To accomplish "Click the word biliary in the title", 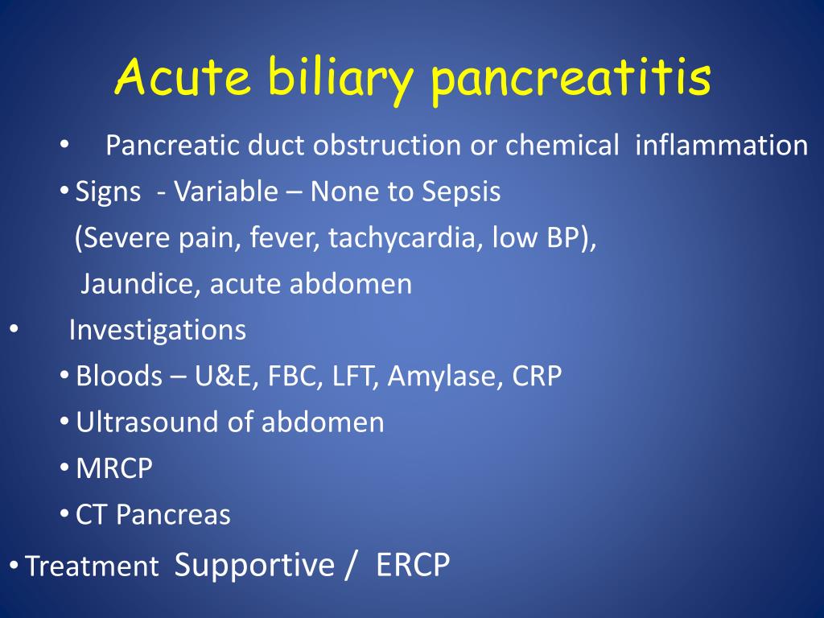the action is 340,78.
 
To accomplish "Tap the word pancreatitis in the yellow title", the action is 571,79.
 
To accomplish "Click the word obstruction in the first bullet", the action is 387,145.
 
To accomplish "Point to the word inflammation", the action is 722,145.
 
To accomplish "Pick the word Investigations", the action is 158,331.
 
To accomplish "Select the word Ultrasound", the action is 151,422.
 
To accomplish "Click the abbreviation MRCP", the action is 114,468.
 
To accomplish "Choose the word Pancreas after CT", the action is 173,514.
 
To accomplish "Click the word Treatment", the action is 92,566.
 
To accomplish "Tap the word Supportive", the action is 254,566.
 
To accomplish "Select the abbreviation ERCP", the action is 413,565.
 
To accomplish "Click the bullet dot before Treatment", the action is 14,566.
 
